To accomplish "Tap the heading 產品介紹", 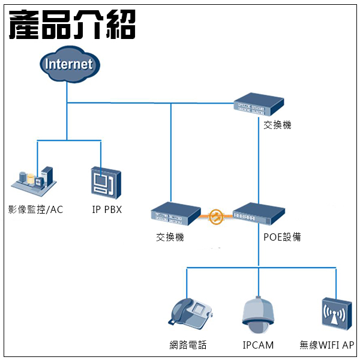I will pos(72,24).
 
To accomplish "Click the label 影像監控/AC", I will pos(35,209).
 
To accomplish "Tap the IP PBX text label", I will pos(107,209).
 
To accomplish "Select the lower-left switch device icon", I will pos(175,214).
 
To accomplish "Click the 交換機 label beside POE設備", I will pos(170,237).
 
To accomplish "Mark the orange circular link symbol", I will pos(217,215).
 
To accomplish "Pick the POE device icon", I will pos(259,213).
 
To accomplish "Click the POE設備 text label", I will pos(282,237).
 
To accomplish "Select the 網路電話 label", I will pos(188,345).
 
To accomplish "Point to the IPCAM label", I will pos(259,345).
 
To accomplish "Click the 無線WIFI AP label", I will pos(327,345).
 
